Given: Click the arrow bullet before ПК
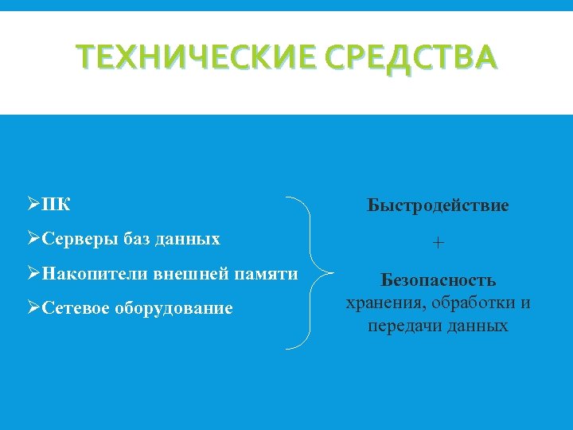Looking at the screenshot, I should click(x=33, y=205).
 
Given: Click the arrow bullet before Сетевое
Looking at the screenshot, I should click(x=33, y=307).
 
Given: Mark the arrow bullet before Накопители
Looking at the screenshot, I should click(x=33, y=273).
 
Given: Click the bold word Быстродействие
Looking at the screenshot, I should click(x=438, y=205).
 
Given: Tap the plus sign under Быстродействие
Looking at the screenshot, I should click(x=439, y=242).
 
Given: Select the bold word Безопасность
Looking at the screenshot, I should click(x=439, y=280).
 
